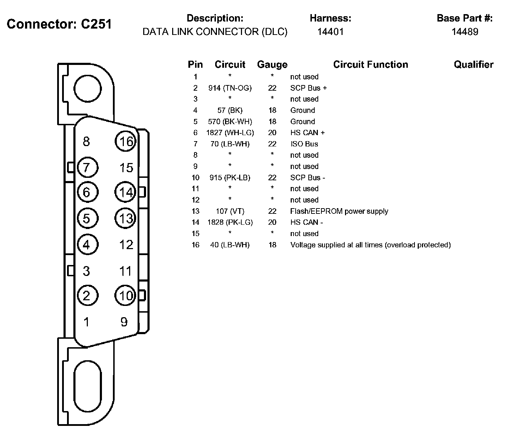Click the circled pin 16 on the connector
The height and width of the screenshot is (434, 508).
[126, 141]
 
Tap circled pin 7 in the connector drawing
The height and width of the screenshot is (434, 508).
[87, 167]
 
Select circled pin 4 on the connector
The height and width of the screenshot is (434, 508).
[87, 245]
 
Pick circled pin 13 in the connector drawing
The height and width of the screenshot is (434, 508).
[126, 218]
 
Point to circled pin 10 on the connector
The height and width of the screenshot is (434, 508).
[126, 295]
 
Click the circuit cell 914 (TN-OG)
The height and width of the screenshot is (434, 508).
[230, 88]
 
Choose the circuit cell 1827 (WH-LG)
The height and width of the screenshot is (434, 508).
[230, 133]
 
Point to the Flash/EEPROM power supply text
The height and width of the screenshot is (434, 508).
[339, 211]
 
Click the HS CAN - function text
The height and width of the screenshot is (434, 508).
[307, 222]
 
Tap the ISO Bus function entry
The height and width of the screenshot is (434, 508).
[304, 144]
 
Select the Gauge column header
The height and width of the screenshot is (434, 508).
[272, 65]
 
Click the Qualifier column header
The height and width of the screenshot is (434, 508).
[473, 65]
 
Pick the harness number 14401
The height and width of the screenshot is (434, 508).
[330, 32]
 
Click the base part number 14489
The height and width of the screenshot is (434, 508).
[465, 32]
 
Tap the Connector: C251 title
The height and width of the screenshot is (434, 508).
[59, 24]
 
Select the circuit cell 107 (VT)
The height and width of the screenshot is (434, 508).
[230, 211]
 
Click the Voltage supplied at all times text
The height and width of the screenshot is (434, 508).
[370, 245]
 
